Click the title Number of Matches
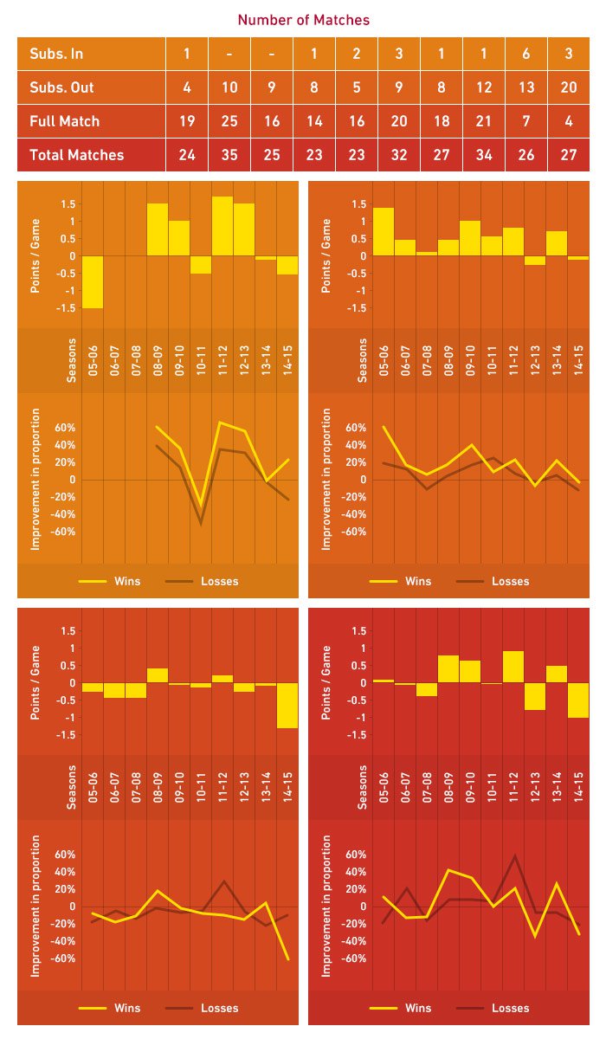click(303, 19)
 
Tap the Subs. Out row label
click(61, 88)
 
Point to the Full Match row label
click(65, 122)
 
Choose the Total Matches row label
click(77, 156)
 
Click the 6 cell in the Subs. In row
click(526, 55)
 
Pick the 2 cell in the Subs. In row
click(357, 55)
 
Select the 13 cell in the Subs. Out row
click(526, 88)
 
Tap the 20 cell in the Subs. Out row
click(569, 88)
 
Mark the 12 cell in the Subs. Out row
click(484, 88)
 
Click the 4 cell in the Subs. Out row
click(186, 88)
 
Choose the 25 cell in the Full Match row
click(229, 122)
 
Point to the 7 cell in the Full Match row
click(526, 122)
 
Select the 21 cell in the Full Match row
click(484, 122)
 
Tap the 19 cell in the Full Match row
click(186, 122)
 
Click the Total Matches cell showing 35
click(229, 156)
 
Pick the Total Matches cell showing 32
click(399, 156)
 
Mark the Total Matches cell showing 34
click(484, 156)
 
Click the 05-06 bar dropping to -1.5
click(93, 281)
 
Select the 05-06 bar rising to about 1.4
click(384, 232)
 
